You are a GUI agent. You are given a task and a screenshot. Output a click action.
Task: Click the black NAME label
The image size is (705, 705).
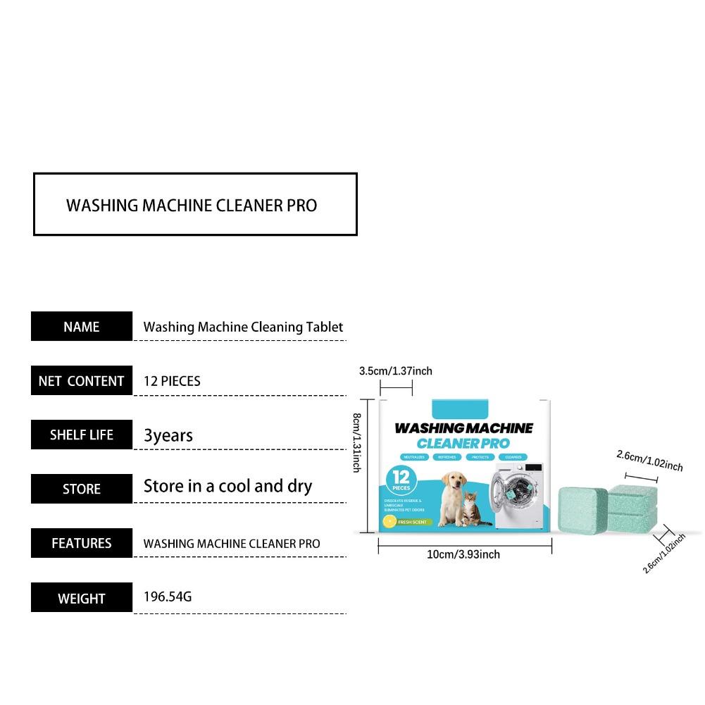[82, 327]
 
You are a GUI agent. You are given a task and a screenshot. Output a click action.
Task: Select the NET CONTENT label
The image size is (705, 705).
[82, 381]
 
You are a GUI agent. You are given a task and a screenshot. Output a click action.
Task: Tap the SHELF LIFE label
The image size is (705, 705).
[82, 435]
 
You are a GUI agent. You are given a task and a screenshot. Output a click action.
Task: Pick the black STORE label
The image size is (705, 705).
[82, 489]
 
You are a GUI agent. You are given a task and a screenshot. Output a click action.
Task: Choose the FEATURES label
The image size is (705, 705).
[82, 543]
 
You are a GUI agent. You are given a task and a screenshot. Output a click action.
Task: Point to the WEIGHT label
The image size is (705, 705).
[82, 598]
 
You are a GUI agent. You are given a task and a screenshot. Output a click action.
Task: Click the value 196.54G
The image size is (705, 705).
[168, 597]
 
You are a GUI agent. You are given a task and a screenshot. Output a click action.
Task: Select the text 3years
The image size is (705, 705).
[168, 435]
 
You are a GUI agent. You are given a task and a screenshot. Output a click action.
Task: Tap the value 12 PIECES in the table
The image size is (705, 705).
[172, 381]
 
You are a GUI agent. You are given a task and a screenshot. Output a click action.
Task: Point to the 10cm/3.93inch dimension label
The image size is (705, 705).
[463, 554]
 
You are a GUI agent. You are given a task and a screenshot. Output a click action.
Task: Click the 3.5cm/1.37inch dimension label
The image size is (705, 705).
[396, 371]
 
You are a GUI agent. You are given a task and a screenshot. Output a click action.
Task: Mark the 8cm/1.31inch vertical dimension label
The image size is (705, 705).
[357, 443]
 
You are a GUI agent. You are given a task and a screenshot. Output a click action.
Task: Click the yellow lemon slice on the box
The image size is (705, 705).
[388, 522]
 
